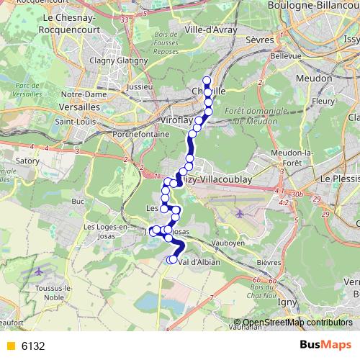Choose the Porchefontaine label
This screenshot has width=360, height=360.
pyautogui.click(x=140, y=135)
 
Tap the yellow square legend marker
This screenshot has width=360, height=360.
pyautogui.click(x=10, y=346)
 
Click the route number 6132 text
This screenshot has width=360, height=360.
pyautogui.click(x=33, y=346)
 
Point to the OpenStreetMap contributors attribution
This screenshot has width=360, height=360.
pyautogui.click(x=297, y=323)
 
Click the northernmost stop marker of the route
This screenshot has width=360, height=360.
pyautogui.click(x=207, y=81)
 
